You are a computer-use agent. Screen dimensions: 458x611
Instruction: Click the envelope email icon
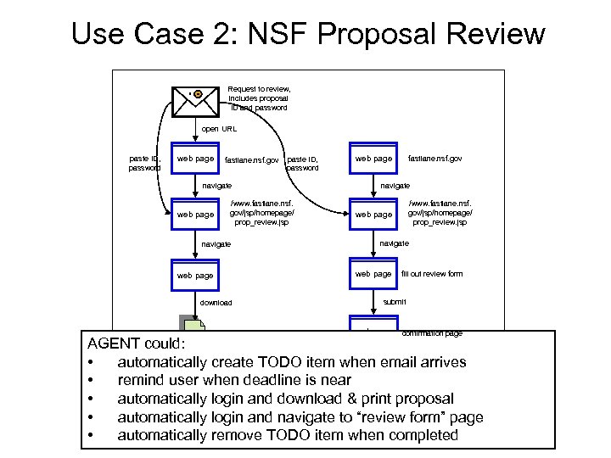[193, 99]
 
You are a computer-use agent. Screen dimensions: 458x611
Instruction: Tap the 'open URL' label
[219, 129]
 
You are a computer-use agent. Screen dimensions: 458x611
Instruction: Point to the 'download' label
[216, 303]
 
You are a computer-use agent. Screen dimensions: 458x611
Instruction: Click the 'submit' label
[395, 302]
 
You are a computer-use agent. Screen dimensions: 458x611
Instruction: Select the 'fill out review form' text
[431, 274]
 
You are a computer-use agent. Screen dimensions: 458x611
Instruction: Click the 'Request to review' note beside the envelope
[259, 98]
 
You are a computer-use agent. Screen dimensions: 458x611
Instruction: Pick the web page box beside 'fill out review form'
[373, 274]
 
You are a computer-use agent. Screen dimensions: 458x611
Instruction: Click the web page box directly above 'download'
[194, 275]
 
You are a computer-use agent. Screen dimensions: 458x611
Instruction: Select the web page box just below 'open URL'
[194, 159]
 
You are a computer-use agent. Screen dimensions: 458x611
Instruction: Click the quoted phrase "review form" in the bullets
[400, 417]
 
